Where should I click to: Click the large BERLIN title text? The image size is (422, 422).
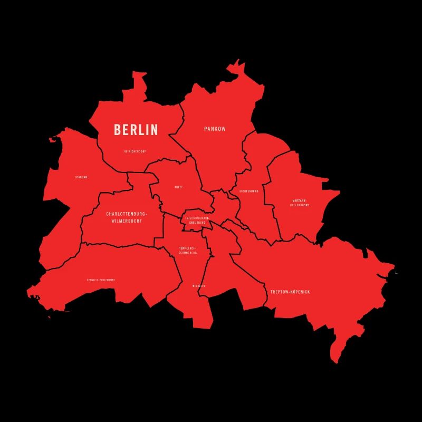[x=136, y=130]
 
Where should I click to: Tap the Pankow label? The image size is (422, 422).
[x=215, y=129]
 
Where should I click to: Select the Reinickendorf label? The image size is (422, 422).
[x=135, y=151]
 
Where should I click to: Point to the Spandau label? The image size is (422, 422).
[x=81, y=177]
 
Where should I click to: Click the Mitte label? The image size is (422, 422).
[x=179, y=187]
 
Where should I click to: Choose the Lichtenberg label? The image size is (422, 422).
[x=248, y=191]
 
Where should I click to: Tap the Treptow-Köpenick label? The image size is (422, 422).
[x=290, y=292]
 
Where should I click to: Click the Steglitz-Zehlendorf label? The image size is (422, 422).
[x=101, y=280]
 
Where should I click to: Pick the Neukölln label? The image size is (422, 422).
[x=199, y=286]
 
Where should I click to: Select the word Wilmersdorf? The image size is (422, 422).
[x=127, y=221]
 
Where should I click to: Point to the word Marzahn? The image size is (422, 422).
[x=299, y=200]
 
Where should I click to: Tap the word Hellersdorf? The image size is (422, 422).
[x=300, y=205]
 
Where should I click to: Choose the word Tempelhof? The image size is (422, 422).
[x=187, y=248]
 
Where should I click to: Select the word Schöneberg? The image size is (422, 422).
[x=188, y=253]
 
